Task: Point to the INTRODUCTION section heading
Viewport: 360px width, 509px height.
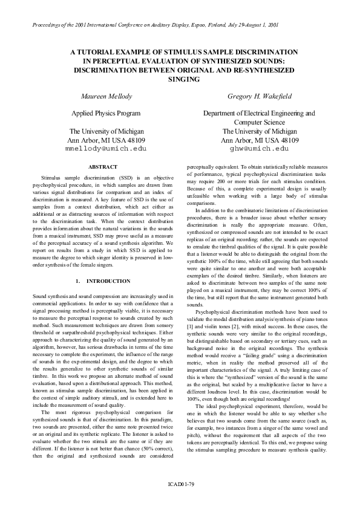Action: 108,281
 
